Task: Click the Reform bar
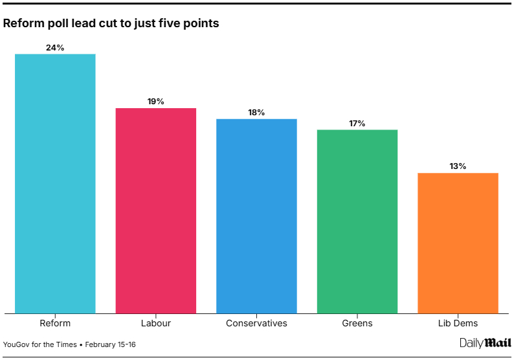[55, 183]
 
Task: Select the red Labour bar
[155, 210]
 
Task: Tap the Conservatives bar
[256, 216]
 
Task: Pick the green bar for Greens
[357, 221]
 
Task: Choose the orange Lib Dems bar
[458, 243]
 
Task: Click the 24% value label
[55, 47]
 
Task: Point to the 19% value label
[155, 102]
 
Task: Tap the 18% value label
[256, 112]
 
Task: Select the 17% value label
[357, 123]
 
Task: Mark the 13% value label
[458, 166]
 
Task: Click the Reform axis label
[55, 323]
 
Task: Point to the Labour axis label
[155, 323]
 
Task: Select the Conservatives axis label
[256, 323]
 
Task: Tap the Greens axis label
[357, 323]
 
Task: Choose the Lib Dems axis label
[458, 323]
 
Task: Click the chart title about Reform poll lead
[111, 23]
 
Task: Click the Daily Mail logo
[486, 343]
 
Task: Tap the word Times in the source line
[65, 344]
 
